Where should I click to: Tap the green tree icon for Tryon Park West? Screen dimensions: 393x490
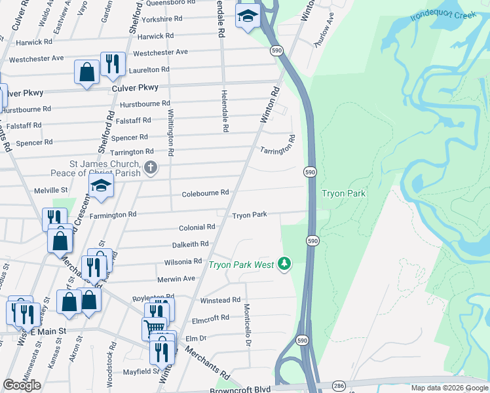284,263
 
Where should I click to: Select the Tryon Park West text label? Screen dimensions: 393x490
241,265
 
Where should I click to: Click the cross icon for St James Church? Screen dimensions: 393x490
151,168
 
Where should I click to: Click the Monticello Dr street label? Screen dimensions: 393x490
248,324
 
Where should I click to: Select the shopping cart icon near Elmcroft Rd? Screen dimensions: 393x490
154,327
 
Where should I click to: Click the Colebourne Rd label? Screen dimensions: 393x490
206,193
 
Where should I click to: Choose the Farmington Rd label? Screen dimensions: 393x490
113,214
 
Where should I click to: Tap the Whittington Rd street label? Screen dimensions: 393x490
170,132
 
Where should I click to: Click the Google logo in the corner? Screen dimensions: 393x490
22,385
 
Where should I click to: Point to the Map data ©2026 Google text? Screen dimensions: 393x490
449,388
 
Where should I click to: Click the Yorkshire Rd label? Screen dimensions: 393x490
151,19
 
